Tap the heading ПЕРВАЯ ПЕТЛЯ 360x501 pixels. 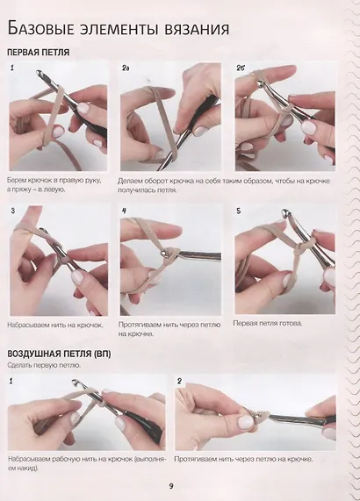[x=39, y=53]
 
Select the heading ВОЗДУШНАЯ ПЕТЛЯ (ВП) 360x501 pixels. [x=59, y=354]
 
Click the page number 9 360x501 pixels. [x=171, y=486]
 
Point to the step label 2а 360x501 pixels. [x=126, y=68]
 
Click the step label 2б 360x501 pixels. [x=241, y=68]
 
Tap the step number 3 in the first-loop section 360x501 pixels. [x=13, y=211]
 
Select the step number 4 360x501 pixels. [x=125, y=211]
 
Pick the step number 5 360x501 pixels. [x=239, y=211]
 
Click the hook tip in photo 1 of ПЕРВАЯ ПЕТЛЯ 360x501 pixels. [x=39, y=73]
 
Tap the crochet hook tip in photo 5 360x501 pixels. [x=284, y=211]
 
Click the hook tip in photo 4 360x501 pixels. [x=163, y=253]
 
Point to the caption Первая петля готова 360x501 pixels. [x=268, y=324]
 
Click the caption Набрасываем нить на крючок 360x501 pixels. [x=55, y=326]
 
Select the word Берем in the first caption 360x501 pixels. [x=15, y=181]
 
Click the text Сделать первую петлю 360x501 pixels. [x=44, y=365]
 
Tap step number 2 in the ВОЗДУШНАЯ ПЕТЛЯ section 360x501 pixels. [x=179, y=381]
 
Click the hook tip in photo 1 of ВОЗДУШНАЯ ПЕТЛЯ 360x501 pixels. [x=75, y=382]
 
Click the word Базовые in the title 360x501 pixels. [x=40, y=29]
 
